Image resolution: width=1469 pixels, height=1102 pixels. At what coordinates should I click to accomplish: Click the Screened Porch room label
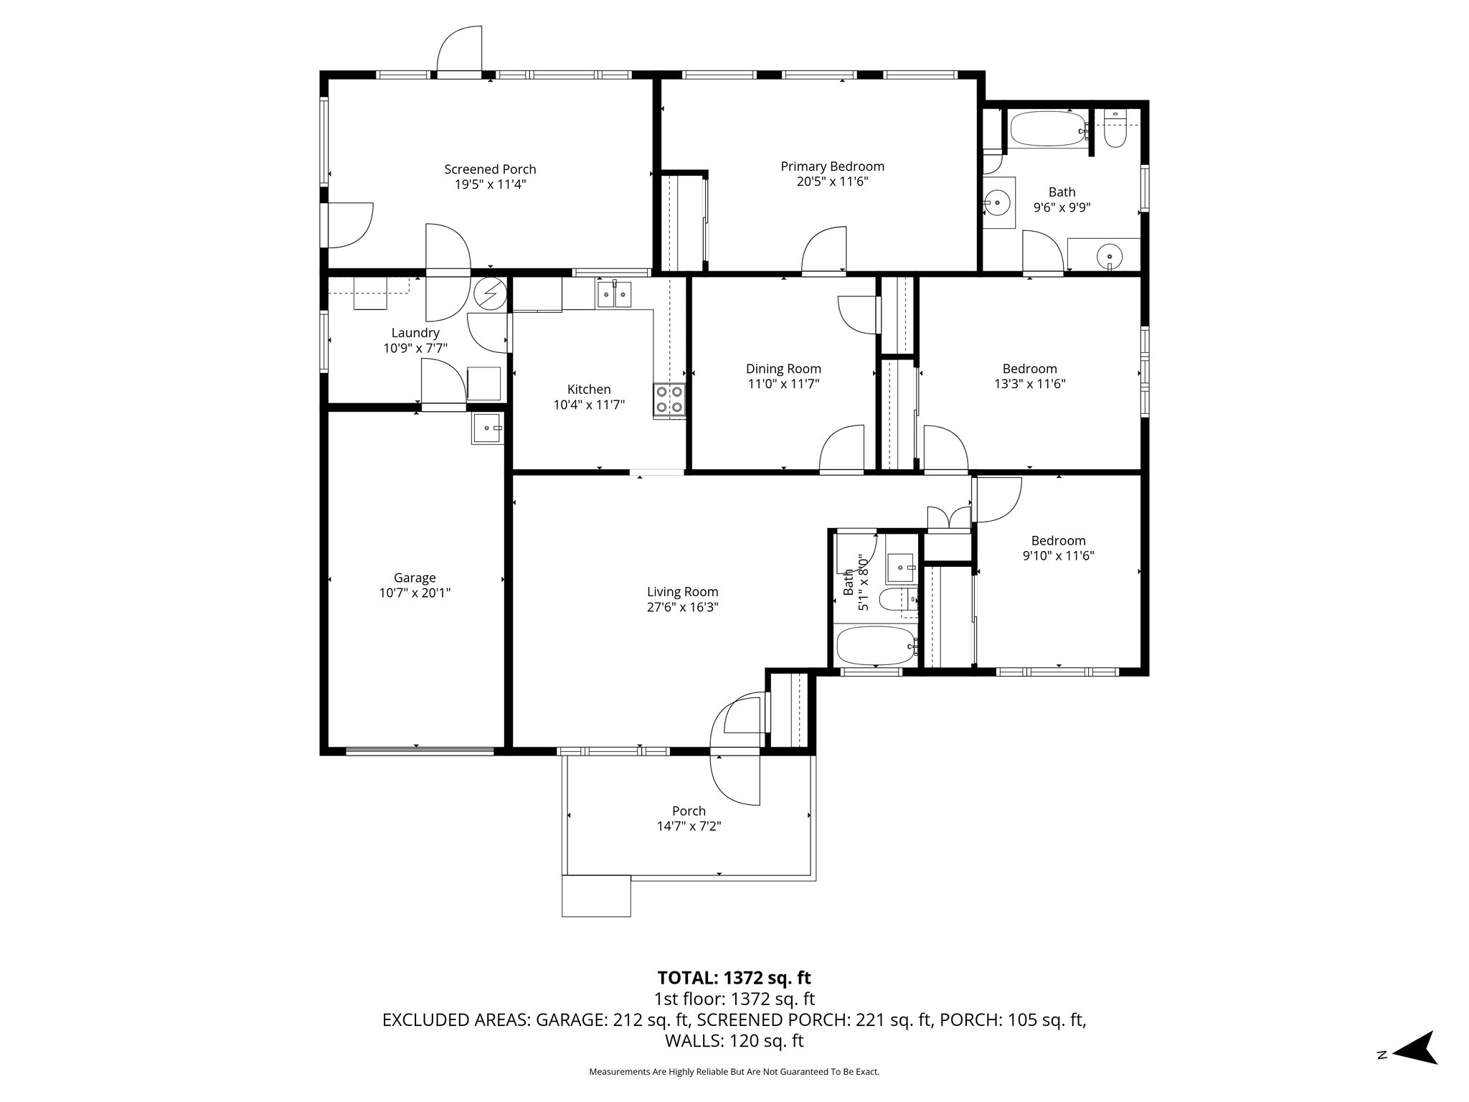click(490, 169)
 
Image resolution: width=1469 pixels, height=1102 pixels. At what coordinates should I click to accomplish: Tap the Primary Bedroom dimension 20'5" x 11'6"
click(832, 182)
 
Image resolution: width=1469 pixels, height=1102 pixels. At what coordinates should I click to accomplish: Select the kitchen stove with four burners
click(669, 400)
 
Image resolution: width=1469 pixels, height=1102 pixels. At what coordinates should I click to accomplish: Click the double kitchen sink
click(615, 294)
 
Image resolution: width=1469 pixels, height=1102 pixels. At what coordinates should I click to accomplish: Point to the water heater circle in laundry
click(490, 293)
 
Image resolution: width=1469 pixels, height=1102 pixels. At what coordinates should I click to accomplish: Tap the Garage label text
click(415, 578)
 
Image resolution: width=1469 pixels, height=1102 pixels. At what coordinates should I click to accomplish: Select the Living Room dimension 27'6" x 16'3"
click(682, 607)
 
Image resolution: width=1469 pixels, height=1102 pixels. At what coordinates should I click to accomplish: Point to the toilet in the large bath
click(1114, 129)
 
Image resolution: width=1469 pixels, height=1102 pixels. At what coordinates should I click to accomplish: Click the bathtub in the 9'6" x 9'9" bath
click(1048, 130)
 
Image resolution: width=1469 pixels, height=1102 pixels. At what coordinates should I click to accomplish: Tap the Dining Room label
click(783, 369)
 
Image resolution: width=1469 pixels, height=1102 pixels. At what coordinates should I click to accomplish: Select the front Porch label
click(689, 811)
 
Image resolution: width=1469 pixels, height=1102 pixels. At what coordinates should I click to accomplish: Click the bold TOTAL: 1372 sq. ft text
click(734, 977)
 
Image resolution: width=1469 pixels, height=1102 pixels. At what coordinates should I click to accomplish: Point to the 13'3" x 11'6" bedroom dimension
click(1029, 384)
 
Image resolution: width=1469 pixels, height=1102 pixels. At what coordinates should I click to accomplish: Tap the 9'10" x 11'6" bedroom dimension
click(1058, 555)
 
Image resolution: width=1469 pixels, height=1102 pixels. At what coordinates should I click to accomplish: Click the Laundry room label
click(415, 333)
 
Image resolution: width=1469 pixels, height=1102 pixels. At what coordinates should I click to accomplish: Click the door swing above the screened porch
click(459, 49)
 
